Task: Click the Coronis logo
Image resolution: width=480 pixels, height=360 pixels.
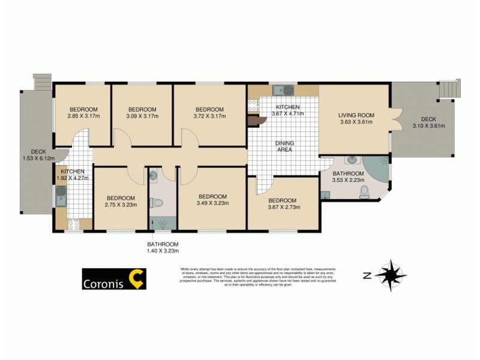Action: (113, 279)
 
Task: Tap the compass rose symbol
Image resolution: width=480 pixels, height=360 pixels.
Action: (391, 275)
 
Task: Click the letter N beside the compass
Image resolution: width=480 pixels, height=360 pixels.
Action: (366, 276)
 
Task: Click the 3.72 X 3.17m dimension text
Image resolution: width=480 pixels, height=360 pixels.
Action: (210, 116)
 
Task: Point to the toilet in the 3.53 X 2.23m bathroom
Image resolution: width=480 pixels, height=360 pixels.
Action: (364, 192)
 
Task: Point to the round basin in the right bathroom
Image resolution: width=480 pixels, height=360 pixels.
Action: (352, 161)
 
